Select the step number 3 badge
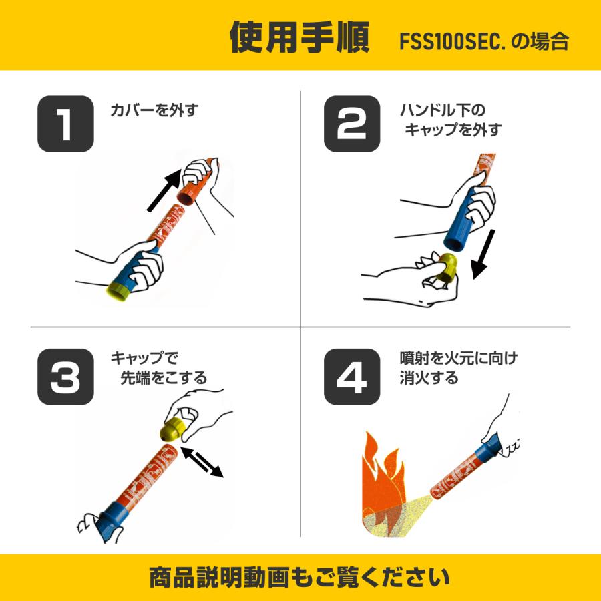(x=65, y=377)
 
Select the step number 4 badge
(x=352, y=377)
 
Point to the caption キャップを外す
(x=452, y=129)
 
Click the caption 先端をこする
(x=163, y=378)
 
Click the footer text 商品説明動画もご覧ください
(x=300, y=576)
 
